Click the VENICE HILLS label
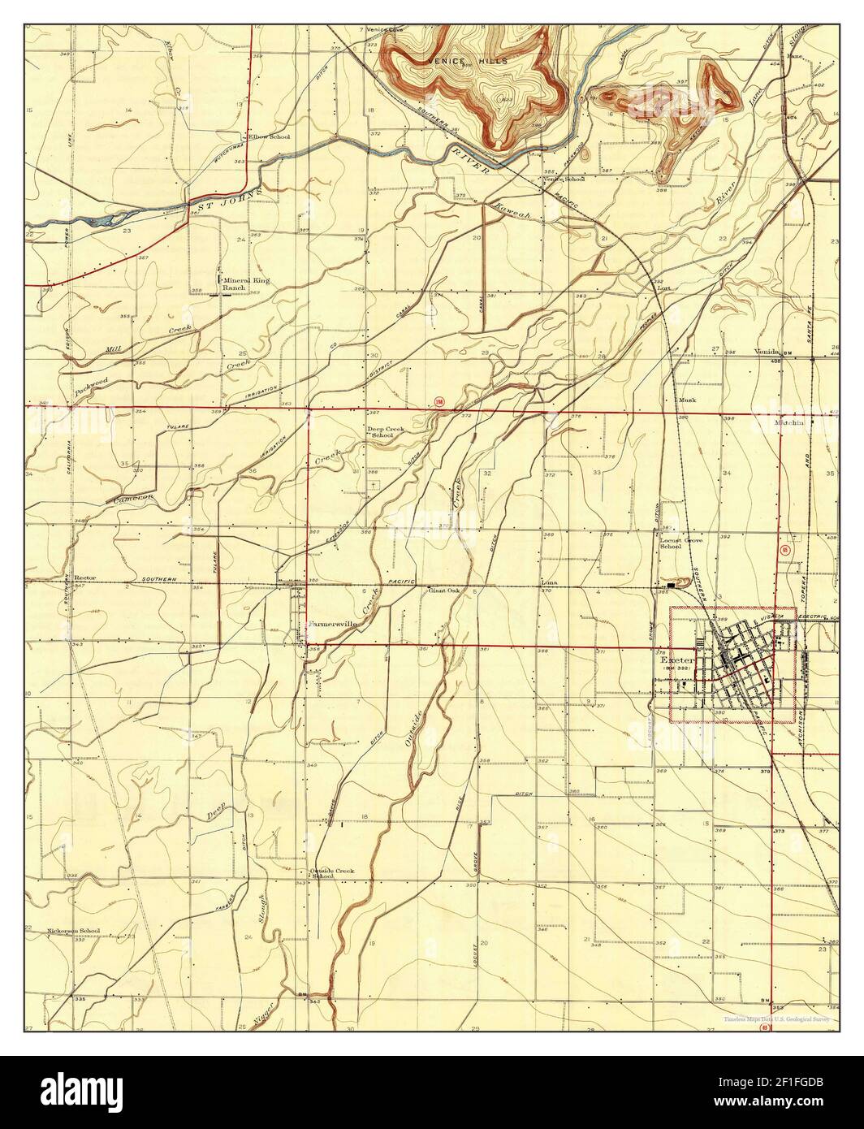tap(469, 61)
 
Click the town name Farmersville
tap(331, 624)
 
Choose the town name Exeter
tap(677, 660)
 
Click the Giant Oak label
tap(444, 590)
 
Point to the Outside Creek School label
tap(332, 874)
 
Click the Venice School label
tap(564, 179)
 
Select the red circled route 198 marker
tap(439, 401)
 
